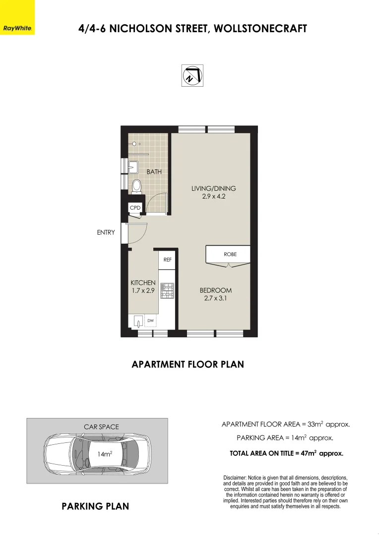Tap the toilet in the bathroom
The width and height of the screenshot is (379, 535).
point(136,186)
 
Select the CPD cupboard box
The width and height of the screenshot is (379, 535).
point(135,208)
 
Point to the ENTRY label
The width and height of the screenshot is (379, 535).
point(106,232)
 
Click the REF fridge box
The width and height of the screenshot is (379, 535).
point(167,259)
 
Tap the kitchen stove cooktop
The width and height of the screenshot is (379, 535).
point(167,290)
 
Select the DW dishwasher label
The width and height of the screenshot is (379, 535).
point(151,321)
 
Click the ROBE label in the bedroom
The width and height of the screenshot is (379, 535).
point(230,254)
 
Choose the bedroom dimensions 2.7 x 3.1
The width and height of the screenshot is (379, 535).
point(216,298)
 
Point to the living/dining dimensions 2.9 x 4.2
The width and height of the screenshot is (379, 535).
point(214,196)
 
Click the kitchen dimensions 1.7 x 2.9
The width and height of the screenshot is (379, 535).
point(143,291)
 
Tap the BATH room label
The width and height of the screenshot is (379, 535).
point(154,172)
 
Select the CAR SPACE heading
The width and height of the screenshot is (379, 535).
point(101,427)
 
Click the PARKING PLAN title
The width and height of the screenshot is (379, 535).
point(95,506)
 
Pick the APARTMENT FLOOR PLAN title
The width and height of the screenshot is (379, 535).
point(188,365)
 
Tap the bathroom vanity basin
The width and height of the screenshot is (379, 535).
point(132,167)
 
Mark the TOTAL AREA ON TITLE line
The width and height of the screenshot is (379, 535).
point(286,453)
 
